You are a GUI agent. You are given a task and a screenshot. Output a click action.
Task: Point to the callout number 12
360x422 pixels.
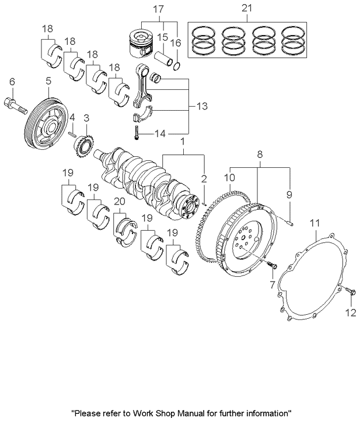click(x=351, y=314)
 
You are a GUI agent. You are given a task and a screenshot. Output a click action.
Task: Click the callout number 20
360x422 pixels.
click(x=120, y=201)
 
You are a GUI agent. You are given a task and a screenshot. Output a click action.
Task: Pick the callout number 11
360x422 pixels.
click(x=314, y=222)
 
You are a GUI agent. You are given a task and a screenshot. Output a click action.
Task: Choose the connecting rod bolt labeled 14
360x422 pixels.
click(x=135, y=133)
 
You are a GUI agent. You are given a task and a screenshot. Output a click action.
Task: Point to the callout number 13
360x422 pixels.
click(x=202, y=107)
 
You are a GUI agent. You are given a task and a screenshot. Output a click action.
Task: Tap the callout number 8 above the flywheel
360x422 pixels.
click(x=260, y=155)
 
